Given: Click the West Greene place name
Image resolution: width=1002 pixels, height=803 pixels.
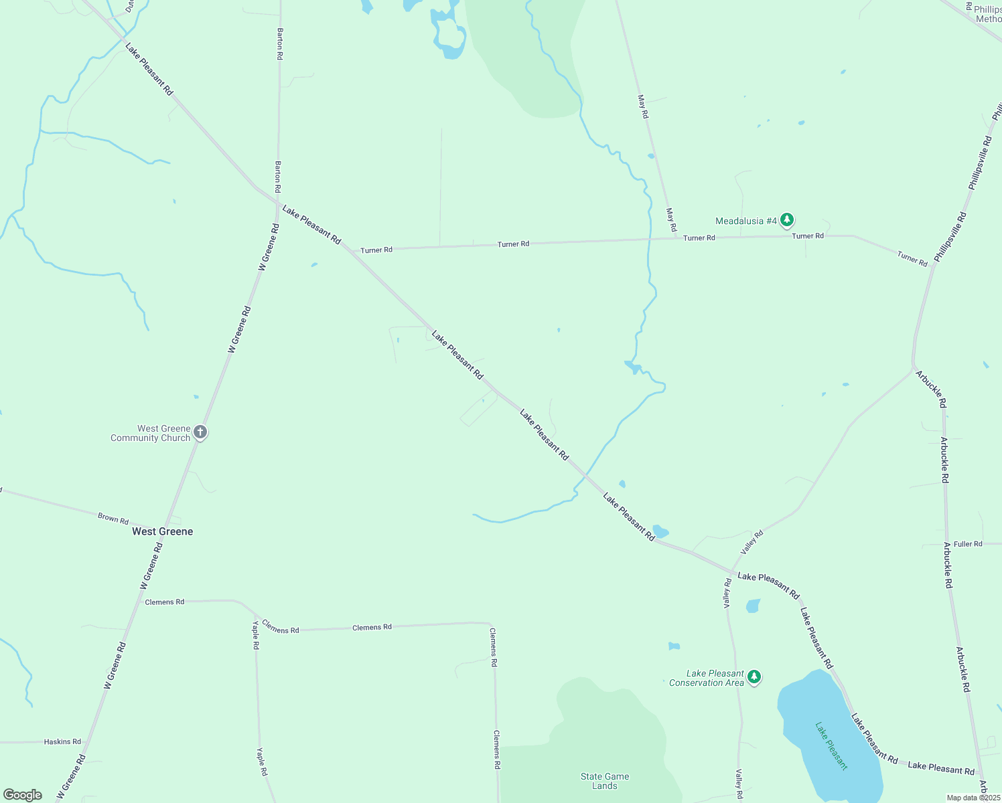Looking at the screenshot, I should pos(162,531).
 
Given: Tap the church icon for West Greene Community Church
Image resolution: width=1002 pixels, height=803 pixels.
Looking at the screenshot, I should pos(200,432).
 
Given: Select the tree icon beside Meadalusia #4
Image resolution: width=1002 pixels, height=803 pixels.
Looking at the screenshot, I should pos(787,219).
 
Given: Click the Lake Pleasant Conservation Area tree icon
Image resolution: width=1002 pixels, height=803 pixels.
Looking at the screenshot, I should pos(754,677).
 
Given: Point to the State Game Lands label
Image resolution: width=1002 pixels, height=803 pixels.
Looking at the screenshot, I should pos(605,781).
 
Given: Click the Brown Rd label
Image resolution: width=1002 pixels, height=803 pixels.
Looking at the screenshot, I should pos(113,519).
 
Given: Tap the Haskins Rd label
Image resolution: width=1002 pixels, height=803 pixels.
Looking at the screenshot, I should pos(62,741).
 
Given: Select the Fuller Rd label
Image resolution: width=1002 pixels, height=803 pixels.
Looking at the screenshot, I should pos(968,544).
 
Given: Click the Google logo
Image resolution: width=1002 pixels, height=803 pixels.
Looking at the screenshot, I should pos(23,795).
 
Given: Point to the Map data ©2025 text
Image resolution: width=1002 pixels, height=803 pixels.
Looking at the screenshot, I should pos(973,798).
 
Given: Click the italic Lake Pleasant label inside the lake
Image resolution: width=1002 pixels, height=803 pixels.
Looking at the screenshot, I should pos(831,745).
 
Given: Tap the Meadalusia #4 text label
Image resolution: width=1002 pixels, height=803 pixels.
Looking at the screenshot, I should pos(745,221).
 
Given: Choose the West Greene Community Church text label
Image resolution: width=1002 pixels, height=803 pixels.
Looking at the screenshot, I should pos(151,433).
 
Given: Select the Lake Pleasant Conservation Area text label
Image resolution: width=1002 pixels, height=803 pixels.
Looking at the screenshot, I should pos(707,678).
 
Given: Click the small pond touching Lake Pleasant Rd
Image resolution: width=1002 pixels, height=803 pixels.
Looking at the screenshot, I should pos(660,532).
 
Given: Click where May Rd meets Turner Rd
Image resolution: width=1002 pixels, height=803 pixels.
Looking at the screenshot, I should pos(675,238).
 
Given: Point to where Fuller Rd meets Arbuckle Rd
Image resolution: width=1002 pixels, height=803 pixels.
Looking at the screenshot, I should pos(946,544).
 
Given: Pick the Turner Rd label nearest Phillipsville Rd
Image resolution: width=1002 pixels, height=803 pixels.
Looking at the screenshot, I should pos(912,258).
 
